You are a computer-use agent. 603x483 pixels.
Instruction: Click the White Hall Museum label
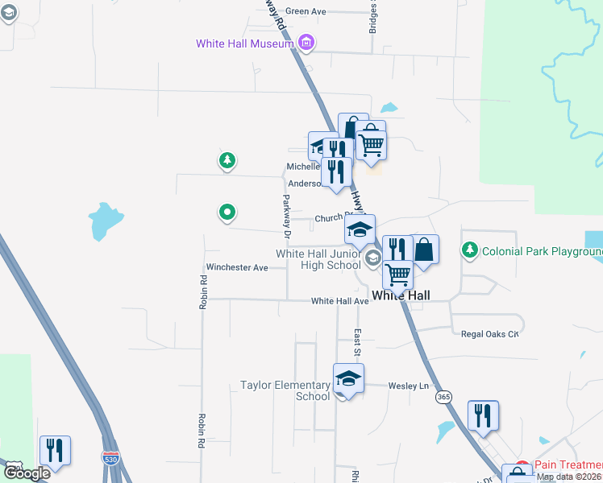coord(244,43)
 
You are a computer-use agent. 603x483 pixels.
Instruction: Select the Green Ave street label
coord(305,11)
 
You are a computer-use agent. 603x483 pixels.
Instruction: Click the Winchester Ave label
coord(236,267)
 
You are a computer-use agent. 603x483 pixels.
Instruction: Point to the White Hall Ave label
coord(339,301)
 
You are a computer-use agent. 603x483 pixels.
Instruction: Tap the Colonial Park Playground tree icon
coord(470,251)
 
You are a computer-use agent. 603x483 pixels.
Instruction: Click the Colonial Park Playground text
coord(542,252)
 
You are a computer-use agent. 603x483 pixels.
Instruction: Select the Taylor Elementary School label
coord(285,390)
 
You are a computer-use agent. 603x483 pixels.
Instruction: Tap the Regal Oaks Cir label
coord(489,333)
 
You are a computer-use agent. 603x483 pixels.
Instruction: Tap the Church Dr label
coord(331,217)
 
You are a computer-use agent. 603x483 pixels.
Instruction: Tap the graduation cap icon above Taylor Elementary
coord(348,377)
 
